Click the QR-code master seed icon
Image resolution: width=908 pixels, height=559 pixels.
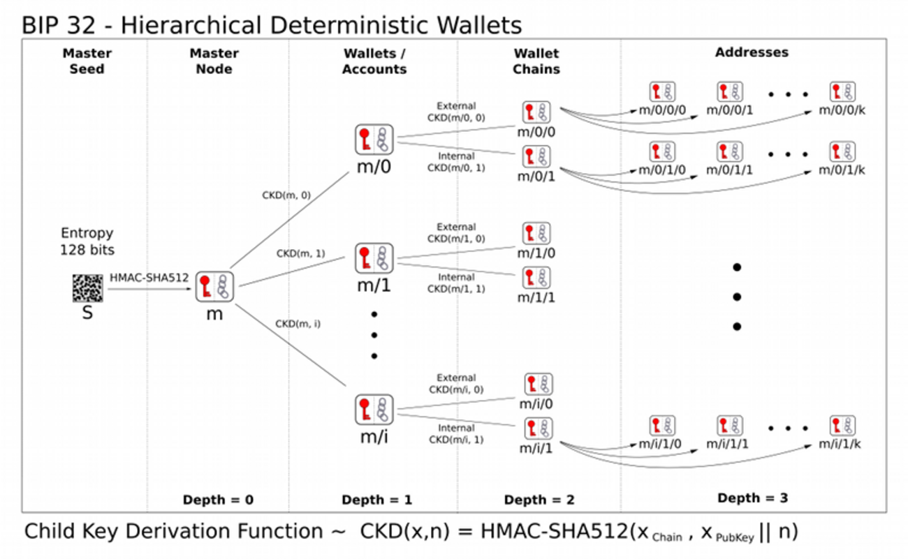click(x=87, y=288)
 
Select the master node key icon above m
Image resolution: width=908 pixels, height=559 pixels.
click(x=214, y=287)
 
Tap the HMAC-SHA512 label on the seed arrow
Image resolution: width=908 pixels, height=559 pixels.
click(x=149, y=277)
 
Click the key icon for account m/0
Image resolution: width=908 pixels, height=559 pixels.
click(x=374, y=140)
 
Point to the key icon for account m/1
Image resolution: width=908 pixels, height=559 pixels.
click(x=374, y=259)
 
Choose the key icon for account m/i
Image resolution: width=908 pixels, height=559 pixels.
click(x=374, y=410)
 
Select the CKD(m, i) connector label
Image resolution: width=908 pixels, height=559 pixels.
click(x=298, y=324)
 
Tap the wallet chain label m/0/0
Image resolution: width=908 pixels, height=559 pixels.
click(x=536, y=132)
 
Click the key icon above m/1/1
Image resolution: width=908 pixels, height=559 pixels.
click(x=536, y=278)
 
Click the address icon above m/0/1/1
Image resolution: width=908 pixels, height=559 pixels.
click(x=729, y=151)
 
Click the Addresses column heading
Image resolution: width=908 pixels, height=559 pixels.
click(x=752, y=52)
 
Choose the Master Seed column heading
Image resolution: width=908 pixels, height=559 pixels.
click(x=87, y=61)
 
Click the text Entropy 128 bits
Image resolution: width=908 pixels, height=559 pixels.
click(x=87, y=241)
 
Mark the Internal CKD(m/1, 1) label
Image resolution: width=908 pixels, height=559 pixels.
click(x=456, y=283)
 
